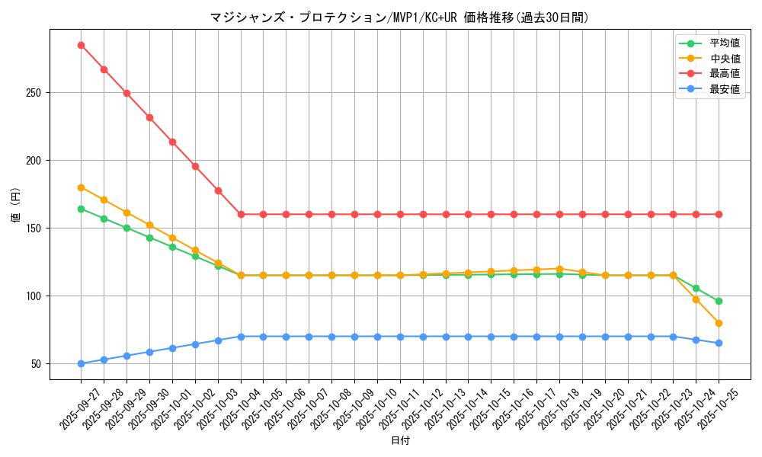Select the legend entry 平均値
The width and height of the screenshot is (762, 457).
pos(724,43)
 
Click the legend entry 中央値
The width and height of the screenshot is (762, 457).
pos(724,59)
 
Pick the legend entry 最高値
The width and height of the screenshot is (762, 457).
pos(724,74)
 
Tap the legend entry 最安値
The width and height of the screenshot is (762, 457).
pos(724,89)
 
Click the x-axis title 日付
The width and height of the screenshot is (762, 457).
pos(400,441)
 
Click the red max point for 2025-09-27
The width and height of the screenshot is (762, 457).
pos(81,45)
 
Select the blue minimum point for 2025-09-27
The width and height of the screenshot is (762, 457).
pos(81,363)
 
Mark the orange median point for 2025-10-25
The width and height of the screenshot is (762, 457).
pos(719,323)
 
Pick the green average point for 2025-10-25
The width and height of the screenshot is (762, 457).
pos(719,302)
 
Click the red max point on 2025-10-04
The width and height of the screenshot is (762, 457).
pos(241,214)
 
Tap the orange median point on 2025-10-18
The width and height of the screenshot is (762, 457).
pos(559,268)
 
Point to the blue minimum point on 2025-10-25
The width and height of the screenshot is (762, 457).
pos(719,344)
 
